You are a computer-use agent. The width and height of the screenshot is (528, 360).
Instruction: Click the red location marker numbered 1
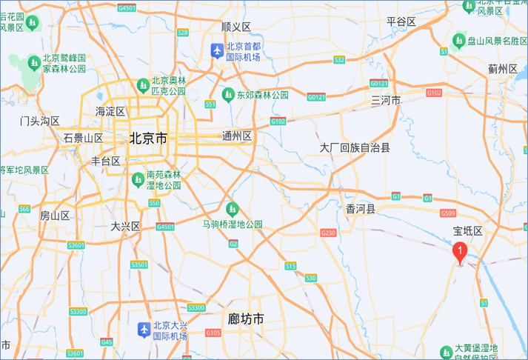(460, 253)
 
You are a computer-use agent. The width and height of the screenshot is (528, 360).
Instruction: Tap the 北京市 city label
(148, 138)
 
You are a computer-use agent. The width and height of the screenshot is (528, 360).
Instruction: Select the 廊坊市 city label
(246, 319)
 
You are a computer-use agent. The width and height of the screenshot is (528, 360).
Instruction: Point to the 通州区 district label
(237, 136)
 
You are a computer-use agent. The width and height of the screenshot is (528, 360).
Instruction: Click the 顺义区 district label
(236, 27)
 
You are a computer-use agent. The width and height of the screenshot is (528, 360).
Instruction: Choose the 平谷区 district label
(401, 21)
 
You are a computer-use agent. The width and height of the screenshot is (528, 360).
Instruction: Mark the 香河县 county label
(361, 210)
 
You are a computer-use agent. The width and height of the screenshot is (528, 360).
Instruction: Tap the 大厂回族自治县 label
(355, 148)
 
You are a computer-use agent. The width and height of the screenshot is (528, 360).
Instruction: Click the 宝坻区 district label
(468, 231)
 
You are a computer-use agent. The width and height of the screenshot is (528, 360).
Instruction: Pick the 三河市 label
(386, 100)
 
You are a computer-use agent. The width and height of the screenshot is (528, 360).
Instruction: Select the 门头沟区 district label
(40, 120)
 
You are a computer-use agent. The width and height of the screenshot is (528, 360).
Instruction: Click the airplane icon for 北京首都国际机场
(216, 51)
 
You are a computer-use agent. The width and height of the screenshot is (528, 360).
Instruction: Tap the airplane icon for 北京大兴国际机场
(143, 330)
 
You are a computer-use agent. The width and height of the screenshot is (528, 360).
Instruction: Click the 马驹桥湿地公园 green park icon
(233, 208)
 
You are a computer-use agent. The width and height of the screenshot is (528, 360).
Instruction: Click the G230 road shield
(328, 233)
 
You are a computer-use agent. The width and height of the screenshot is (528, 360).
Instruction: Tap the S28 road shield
(183, 33)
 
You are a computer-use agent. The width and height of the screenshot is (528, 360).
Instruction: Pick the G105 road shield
(213, 333)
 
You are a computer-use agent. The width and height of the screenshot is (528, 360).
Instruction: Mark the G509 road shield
(447, 214)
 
